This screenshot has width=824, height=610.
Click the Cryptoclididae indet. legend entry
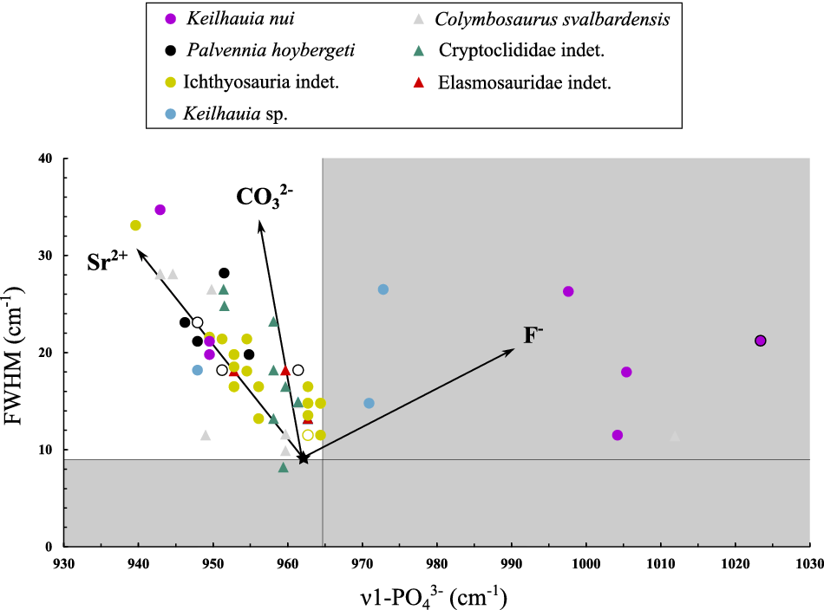pyautogui.click(x=521, y=50)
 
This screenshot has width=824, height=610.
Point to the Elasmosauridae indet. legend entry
pyautogui.click(x=525, y=82)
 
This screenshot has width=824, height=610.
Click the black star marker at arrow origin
pyautogui.click(x=303, y=457)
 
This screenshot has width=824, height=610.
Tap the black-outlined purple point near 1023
pyautogui.click(x=761, y=341)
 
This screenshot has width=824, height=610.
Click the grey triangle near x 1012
pyautogui.click(x=675, y=436)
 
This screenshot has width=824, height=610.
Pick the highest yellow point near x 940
pyautogui.click(x=135, y=225)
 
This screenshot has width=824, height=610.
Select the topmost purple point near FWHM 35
pyautogui.click(x=160, y=210)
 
